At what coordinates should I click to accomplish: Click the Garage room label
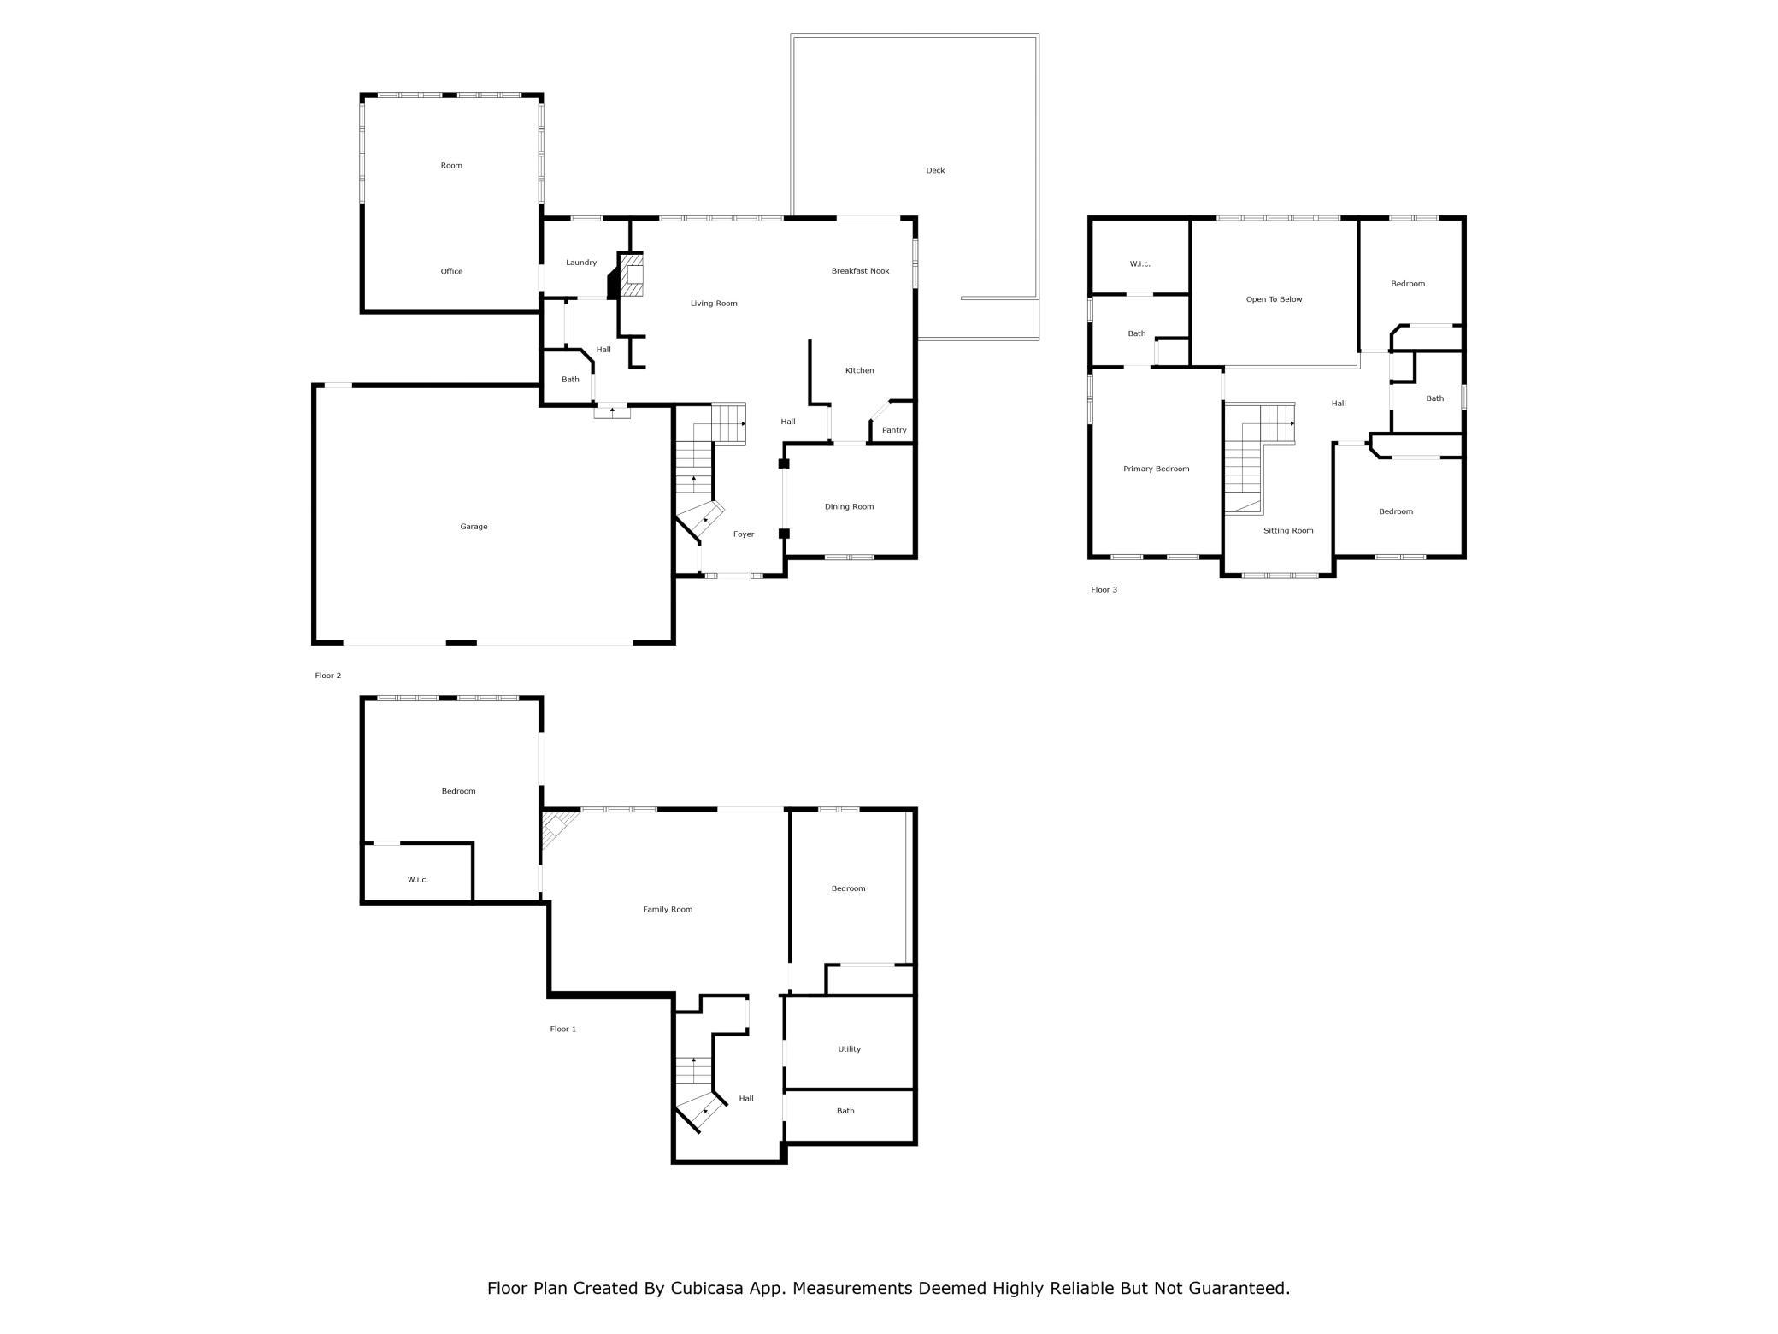point(474,527)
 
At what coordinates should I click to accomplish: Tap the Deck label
point(935,170)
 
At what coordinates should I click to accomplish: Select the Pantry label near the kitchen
point(894,430)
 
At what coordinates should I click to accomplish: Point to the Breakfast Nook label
point(860,271)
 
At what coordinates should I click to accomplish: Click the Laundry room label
point(581,263)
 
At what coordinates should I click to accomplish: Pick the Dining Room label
point(849,506)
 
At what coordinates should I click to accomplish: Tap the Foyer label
point(744,534)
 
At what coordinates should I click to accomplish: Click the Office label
point(451,271)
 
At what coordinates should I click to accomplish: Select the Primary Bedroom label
point(1156,469)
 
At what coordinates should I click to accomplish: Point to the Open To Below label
point(1274,299)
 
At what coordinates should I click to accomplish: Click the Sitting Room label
point(1288,530)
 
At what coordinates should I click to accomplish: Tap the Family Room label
point(668,909)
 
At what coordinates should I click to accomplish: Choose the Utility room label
point(849,1049)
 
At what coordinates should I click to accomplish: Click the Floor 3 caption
point(1104,590)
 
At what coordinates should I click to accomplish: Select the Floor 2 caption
point(327,676)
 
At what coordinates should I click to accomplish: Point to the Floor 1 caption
point(562,1029)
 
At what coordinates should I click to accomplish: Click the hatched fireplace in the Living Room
point(630,275)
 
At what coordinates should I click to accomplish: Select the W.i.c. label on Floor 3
point(1139,263)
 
